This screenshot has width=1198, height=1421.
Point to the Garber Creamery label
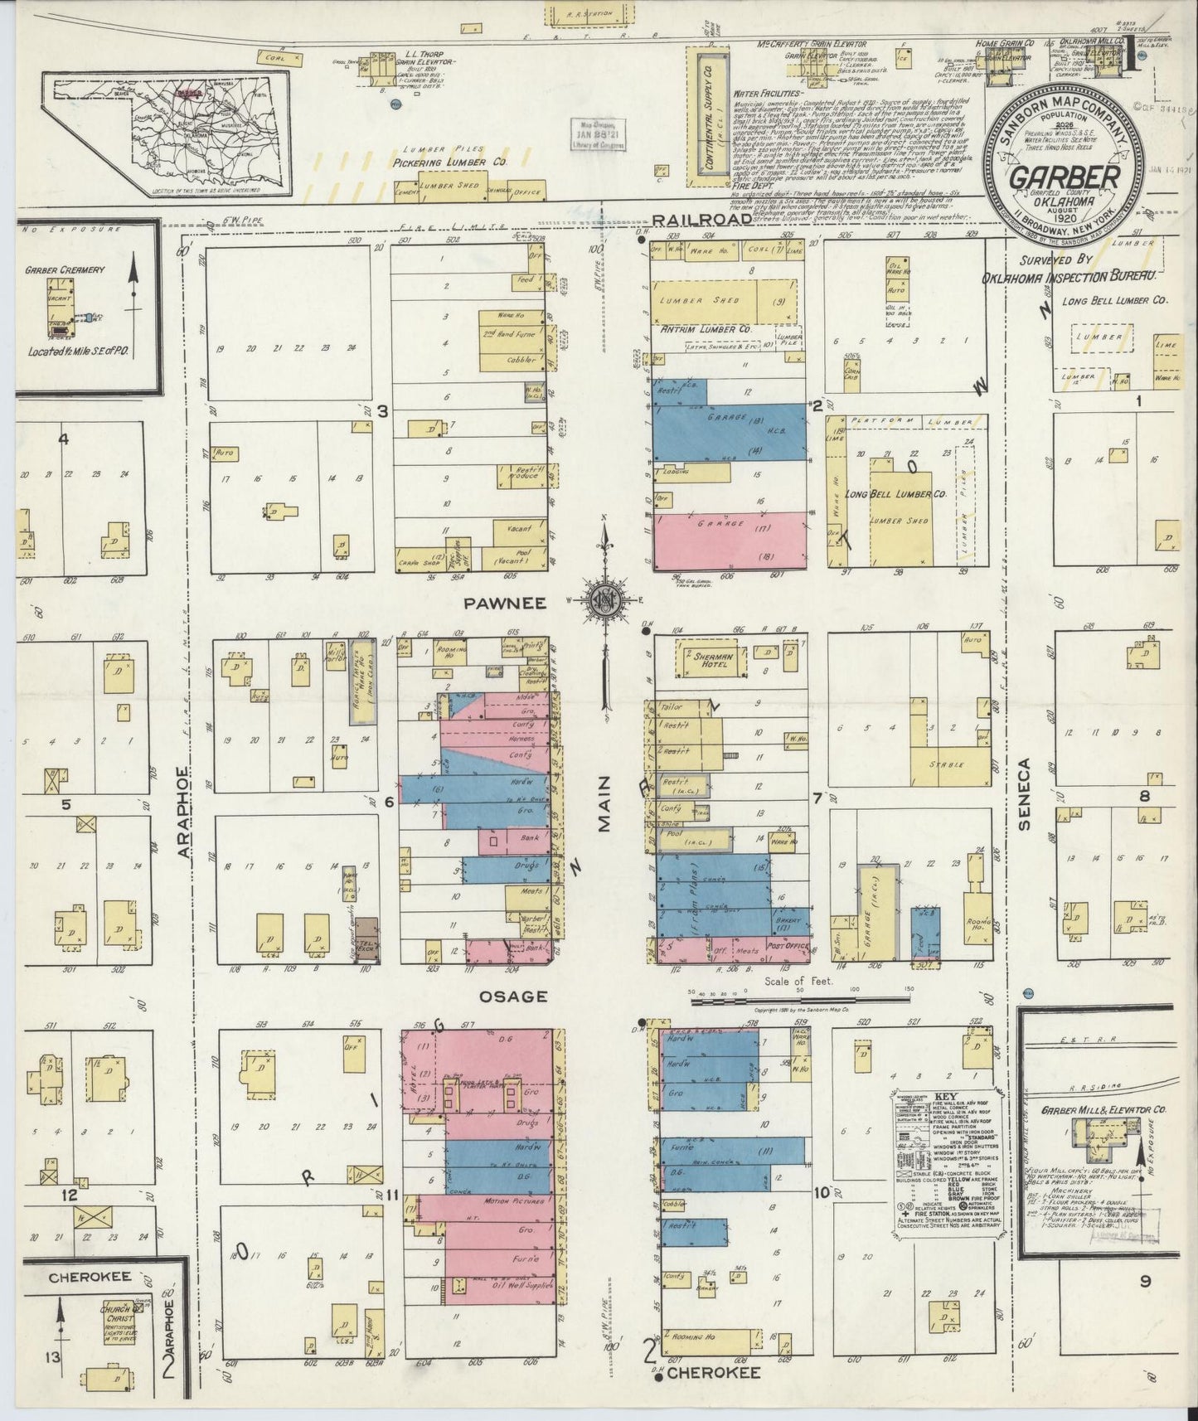point(75,270)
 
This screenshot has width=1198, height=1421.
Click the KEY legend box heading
point(944,1095)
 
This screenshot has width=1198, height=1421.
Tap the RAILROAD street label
point(701,219)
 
